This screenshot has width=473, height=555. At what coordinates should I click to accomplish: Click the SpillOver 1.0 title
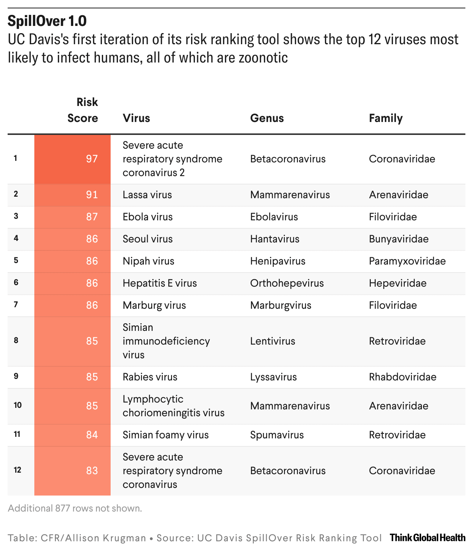pyautogui.click(x=47, y=21)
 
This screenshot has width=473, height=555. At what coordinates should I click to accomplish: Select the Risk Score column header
pyautogui.click(x=83, y=110)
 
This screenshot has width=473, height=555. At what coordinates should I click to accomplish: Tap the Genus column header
pyautogui.click(x=267, y=118)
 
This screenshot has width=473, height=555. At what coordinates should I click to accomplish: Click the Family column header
pyautogui.click(x=385, y=118)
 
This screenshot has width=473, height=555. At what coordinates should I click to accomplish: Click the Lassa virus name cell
pyautogui.click(x=147, y=195)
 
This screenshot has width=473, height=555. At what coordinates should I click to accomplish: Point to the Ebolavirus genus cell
pyautogui.click(x=274, y=217)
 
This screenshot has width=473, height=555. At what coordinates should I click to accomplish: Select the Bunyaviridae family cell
pyautogui.click(x=399, y=239)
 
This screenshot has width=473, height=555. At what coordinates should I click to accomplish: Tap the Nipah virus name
pyautogui.click(x=148, y=261)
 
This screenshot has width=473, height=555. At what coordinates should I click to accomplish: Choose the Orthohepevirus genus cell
pyautogui.click(x=287, y=283)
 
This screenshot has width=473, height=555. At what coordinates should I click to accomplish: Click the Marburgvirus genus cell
pyautogui.click(x=281, y=305)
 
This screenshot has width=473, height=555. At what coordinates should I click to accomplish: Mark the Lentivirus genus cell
pyautogui.click(x=272, y=341)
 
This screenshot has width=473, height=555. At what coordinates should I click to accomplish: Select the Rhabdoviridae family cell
pyautogui.click(x=402, y=377)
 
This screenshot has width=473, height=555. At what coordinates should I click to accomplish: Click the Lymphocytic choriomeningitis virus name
pyautogui.click(x=174, y=406)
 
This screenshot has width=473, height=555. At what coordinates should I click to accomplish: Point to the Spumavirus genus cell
pyautogui.click(x=277, y=435)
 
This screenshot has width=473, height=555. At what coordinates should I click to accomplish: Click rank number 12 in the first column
pyautogui.click(x=18, y=470)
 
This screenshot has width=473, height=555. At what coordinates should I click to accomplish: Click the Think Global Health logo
pyautogui.click(x=428, y=537)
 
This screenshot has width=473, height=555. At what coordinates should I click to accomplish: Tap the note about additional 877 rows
pyautogui.click(x=75, y=508)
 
